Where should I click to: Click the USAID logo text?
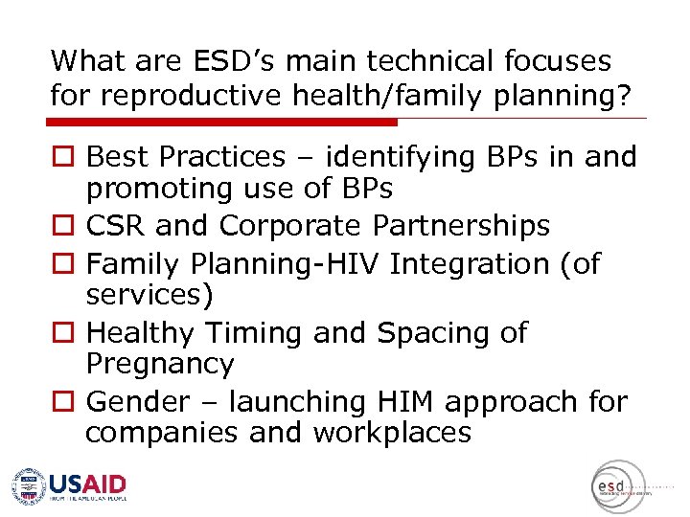[87, 483]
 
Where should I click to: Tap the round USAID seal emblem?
[29, 485]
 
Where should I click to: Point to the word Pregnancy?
[159, 365]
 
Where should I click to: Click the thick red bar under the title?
[222, 123]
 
